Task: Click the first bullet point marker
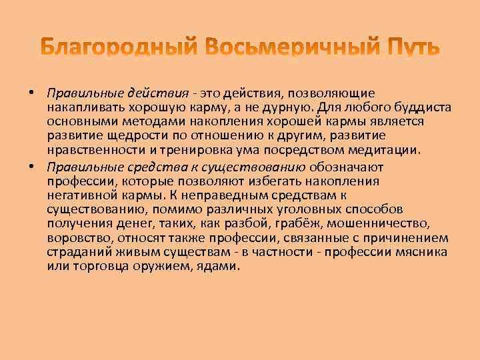coord(31,93)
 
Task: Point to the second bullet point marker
coord(31,167)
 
